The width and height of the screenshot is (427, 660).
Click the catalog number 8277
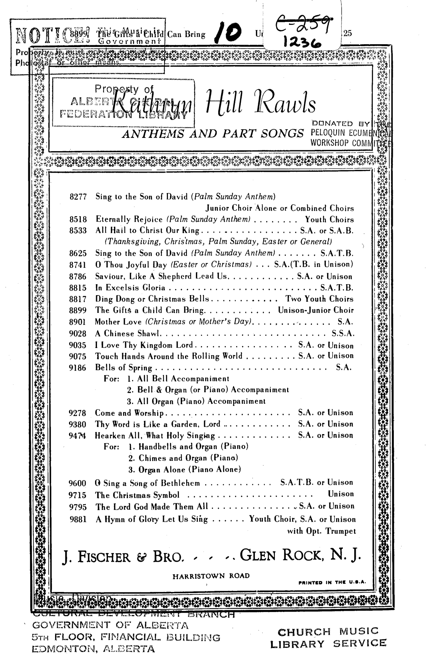[x=78, y=197]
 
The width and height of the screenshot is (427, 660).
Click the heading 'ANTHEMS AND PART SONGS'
[x=213, y=133]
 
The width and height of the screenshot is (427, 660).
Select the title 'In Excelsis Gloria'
[x=130, y=288]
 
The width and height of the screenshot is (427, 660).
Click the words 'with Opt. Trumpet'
[x=321, y=531]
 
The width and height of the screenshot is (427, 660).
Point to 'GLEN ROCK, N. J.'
[x=300, y=555]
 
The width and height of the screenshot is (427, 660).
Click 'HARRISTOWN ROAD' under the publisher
[x=211, y=576]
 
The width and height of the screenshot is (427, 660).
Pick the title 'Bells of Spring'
[x=123, y=368]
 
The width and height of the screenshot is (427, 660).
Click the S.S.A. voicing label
[x=343, y=334]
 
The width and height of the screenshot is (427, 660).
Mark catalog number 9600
[x=78, y=483]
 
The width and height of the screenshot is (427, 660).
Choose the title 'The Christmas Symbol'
[x=137, y=495]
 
